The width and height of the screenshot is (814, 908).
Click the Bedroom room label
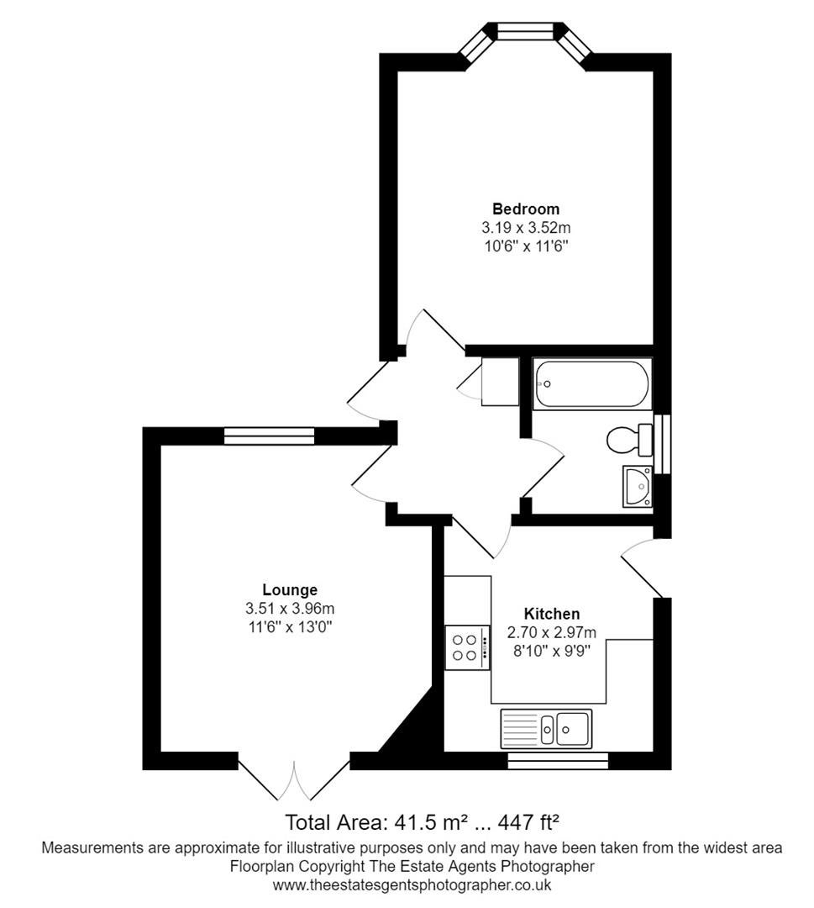point(526,209)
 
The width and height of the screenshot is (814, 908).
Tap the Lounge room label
point(290,589)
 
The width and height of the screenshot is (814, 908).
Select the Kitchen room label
point(551,613)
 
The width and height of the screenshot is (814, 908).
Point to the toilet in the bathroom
point(629,440)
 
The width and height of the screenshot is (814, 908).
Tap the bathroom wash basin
point(637,487)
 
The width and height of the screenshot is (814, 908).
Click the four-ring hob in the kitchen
point(467,648)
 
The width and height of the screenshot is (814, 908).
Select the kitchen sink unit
point(546,728)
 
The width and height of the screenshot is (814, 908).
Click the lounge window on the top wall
point(269,436)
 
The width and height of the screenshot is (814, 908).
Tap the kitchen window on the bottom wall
point(558,761)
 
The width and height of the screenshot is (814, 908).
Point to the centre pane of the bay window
point(526,30)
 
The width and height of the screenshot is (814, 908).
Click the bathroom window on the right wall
point(663,444)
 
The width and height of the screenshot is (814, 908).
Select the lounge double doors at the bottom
point(294,776)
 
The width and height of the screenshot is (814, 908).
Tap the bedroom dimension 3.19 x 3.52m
point(526,228)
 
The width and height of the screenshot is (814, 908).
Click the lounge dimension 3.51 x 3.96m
point(290,609)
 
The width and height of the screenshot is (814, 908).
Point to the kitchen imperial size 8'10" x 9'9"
point(551,651)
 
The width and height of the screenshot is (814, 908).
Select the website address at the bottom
point(412,884)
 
